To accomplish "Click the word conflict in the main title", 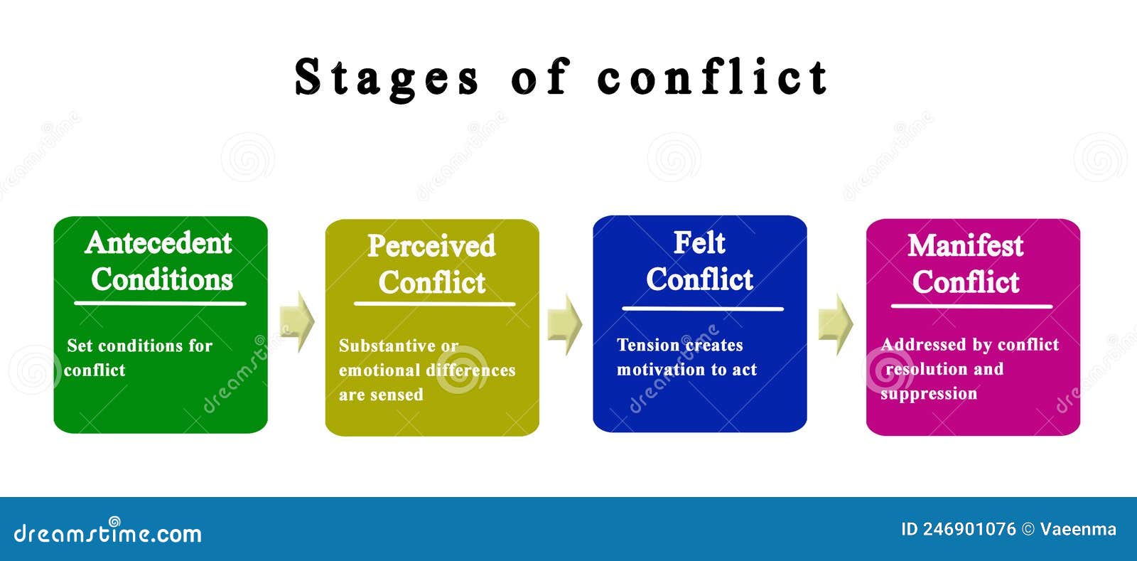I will point(712,77).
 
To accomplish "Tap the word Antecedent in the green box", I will point(158,243).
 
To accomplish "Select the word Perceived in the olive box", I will point(431,246).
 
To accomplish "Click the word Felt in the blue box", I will point(699,243).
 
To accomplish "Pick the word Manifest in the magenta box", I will point(965,246).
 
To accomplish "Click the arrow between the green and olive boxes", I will point(296,321).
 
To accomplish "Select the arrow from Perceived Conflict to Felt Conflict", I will point(565,324).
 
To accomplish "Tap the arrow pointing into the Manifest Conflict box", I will point(835,324).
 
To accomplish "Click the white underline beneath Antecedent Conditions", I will point(160,304).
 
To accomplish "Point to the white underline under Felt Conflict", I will point(702,309).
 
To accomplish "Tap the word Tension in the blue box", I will point(647,345).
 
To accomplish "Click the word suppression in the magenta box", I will point(929,394).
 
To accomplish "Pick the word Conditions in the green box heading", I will point(162,279).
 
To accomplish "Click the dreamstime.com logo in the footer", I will point(107,533).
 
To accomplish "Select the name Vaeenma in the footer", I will point(1078,529).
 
